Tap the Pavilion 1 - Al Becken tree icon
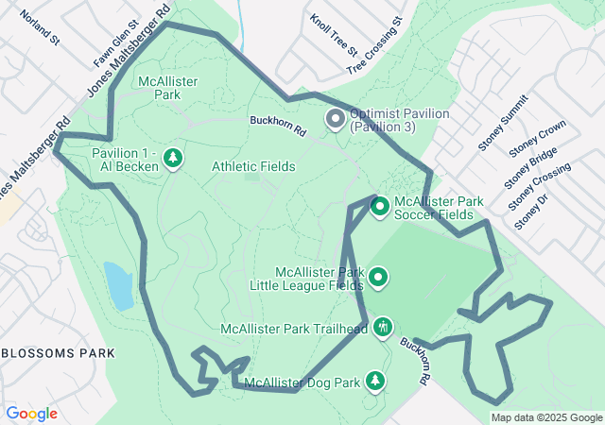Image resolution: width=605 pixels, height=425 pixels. pyautogui.click(x=173, y=159)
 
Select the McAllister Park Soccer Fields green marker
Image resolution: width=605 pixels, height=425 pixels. pyautogui.click(x=379, y=206)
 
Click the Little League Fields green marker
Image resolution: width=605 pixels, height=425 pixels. pyautogui.click(x=378, y=278)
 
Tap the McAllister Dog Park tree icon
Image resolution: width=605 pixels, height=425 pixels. pyautogui.click(x=375, y=381)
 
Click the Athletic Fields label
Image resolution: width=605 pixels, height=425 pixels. pyautogui.click(x=253, y=166)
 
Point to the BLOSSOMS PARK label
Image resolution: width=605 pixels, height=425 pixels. pyautogui.click(x=58, y=353)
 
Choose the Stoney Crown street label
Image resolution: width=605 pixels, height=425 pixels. pyautogui.click(x=537, y=139)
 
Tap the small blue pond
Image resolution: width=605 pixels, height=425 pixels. pyautogui.click(x=118, y=285)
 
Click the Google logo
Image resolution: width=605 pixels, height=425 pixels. pyautogui.click(x=31, y=414)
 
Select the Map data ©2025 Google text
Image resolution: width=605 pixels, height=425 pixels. pyautogui.click(x=545, y=417)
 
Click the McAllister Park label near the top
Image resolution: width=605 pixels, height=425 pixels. pyautogui.click(x=167, y=89)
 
